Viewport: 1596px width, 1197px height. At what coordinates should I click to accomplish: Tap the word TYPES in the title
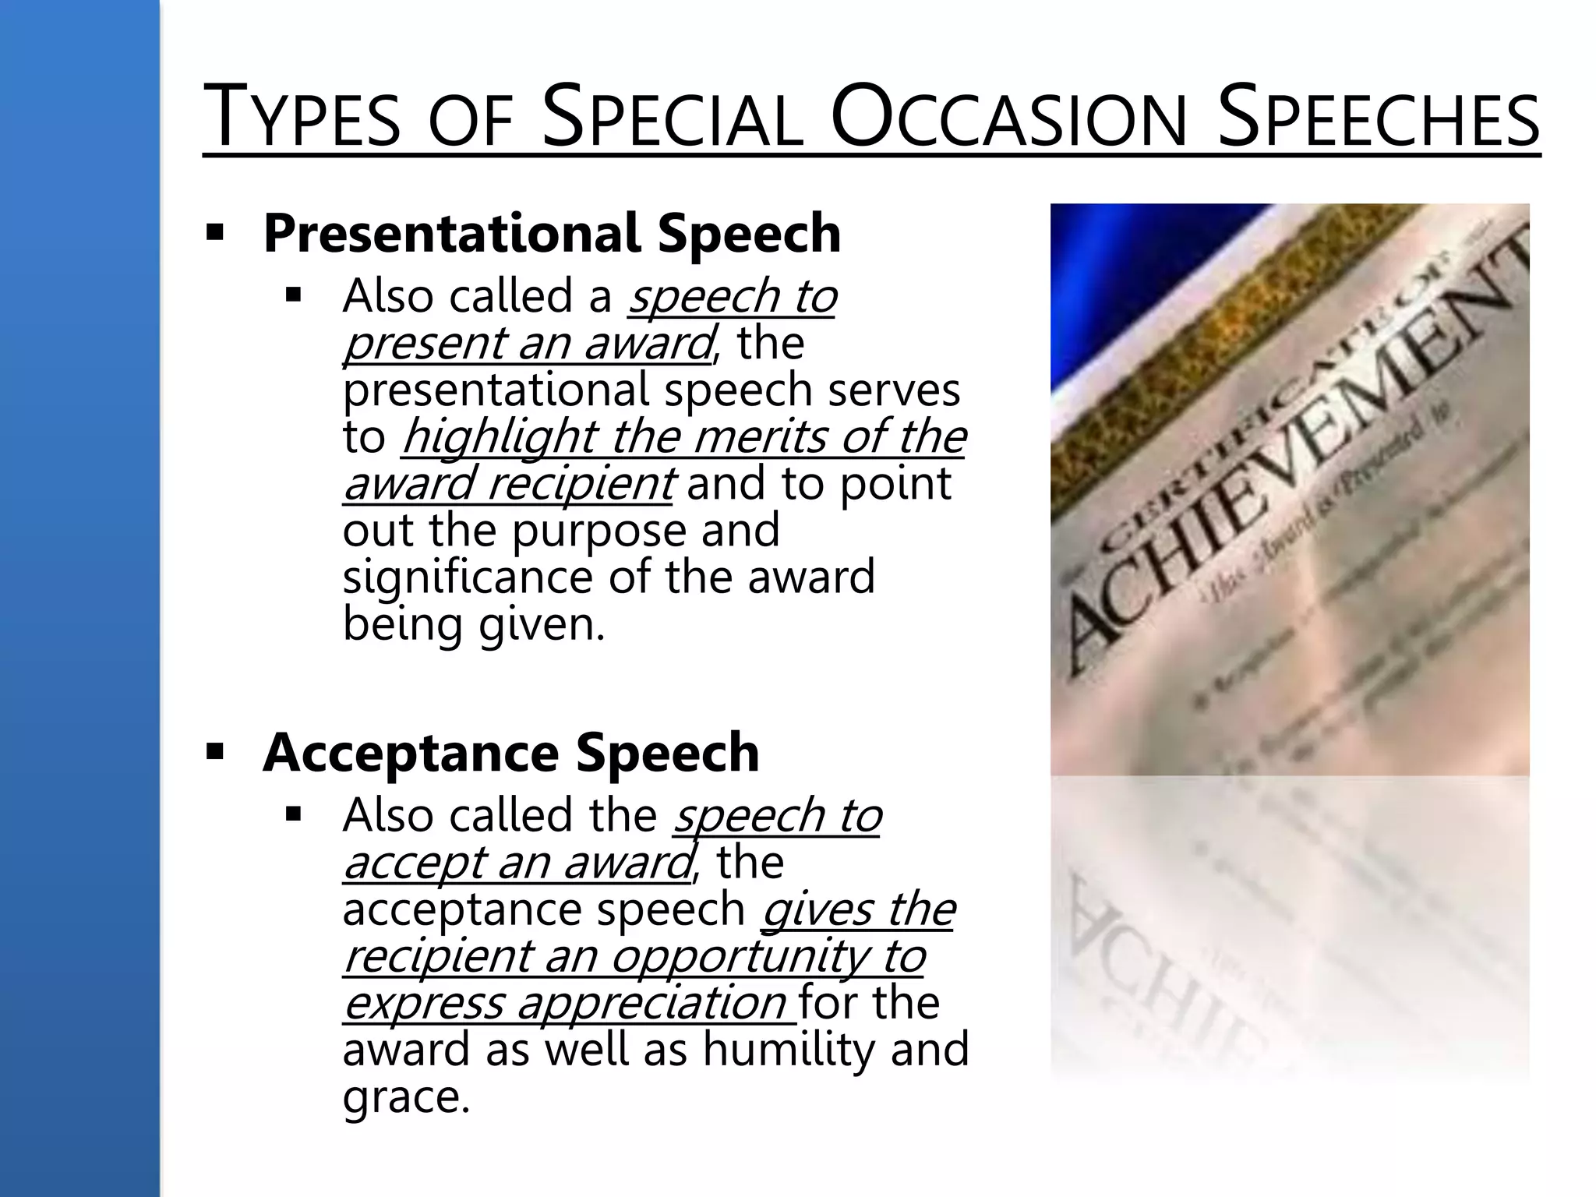(x=301, y=118)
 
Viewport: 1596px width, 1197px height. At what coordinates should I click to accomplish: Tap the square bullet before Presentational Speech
(x=214, y=232)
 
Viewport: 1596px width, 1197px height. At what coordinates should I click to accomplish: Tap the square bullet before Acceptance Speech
(x=214, y=752)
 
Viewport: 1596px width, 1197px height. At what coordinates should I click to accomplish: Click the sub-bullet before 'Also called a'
(x=293, y=295)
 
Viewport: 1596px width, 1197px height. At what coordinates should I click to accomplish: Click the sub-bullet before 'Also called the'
(x=293, y=815)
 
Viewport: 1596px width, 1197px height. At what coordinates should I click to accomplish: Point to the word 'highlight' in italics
(x=501, y=436)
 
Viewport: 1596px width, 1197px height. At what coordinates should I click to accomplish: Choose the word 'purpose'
(x=599, y=531)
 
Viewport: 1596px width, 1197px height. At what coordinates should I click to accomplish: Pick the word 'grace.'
(x=406, y=1096)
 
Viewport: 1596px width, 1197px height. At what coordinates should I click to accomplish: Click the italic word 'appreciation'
(x=651, y=1002)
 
